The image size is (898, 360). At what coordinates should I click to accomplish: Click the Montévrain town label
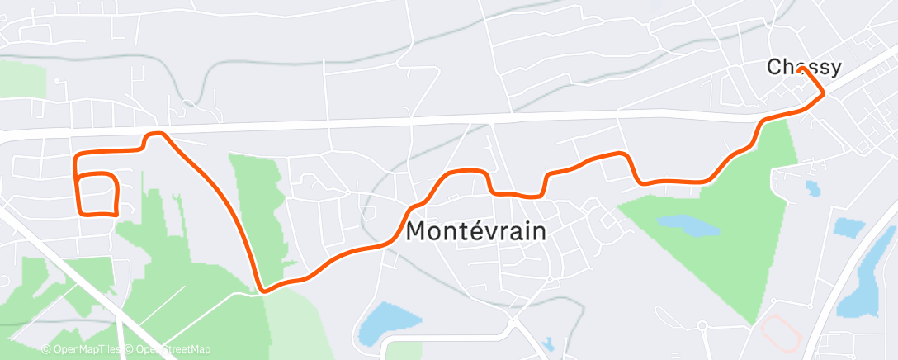point(476,231)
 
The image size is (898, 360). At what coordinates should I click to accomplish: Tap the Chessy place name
point(804,67)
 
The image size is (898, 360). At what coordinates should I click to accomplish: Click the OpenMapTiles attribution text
point(80,349)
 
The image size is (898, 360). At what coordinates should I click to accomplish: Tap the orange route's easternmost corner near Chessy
point(823,94)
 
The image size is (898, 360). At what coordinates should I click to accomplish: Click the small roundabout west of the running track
point(702,325)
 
